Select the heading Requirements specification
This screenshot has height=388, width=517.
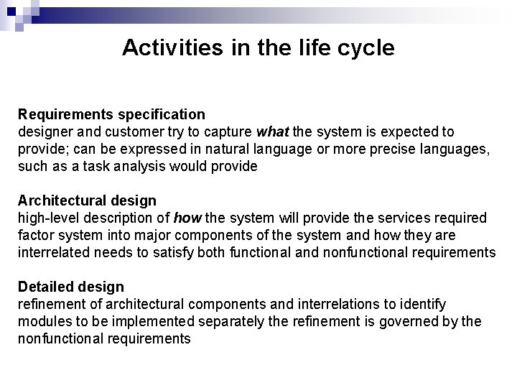111,114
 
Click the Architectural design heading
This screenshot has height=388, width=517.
87,200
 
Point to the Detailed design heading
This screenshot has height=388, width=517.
70,287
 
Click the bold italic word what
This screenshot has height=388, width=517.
272,132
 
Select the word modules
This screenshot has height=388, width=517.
42,322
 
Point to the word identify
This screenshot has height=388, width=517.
423,305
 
